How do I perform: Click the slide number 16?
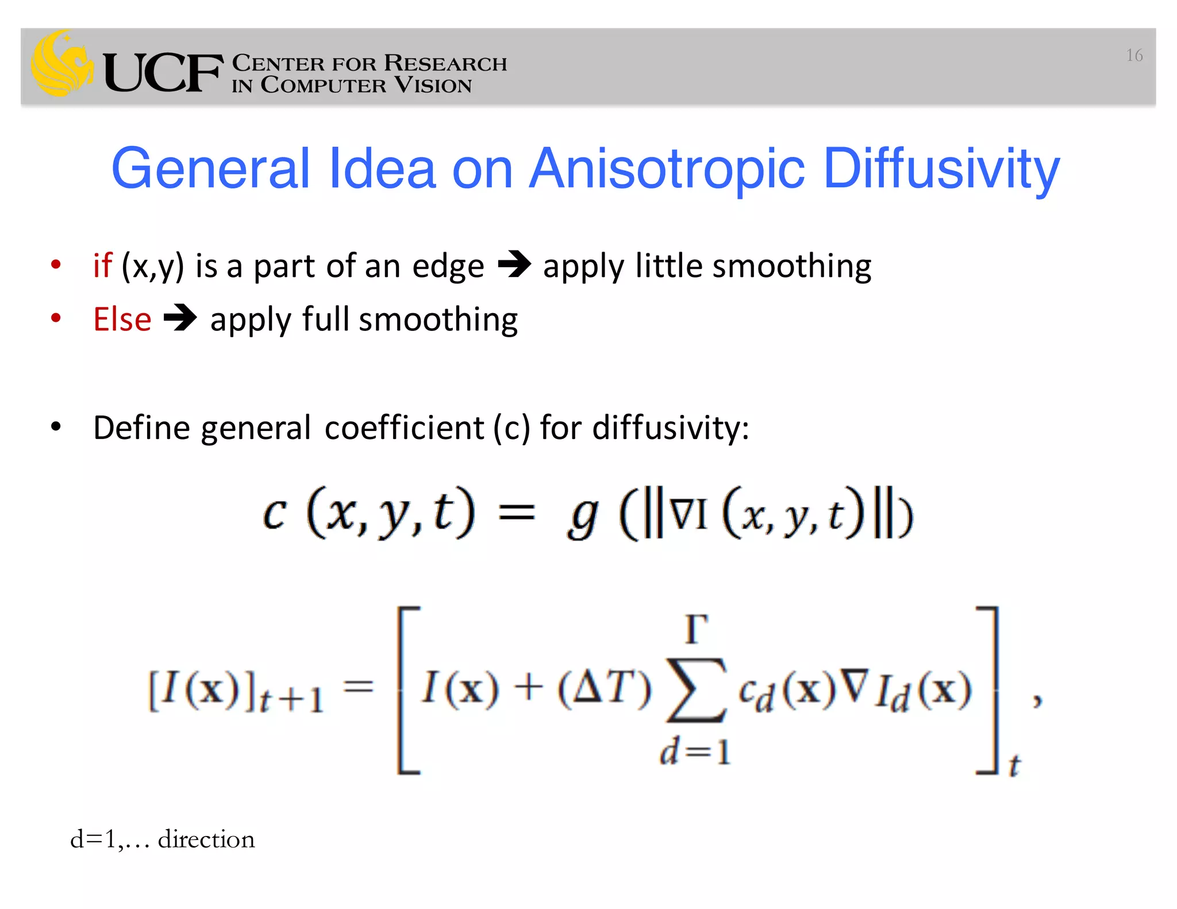click(1134, 55)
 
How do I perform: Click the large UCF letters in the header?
click(163, 72)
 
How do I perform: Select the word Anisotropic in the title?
click(667, 169)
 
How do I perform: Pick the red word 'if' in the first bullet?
click(102, 265)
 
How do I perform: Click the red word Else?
click(122, 319)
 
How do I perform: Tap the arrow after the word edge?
click(514, 265)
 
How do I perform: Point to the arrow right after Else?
click(180, 318)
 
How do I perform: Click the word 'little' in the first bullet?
click(668, 265)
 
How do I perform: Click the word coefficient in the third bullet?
click(403, 428)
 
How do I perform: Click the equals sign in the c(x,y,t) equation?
click(517, 511)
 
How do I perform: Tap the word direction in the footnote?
click(206, 839)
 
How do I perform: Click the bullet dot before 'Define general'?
click(56, 427)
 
